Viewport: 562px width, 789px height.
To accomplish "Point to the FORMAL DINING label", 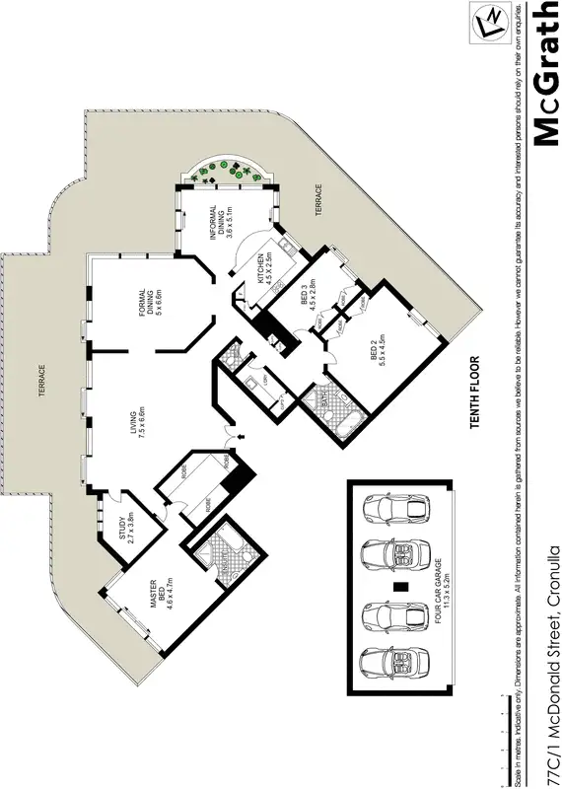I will pyautogui.click(x=148, y=311).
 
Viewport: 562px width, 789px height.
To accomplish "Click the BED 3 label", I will pyautogui.click(x=308, y=295).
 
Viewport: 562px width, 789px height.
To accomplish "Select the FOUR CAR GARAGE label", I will pyautogui.click(x=435, y=588).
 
